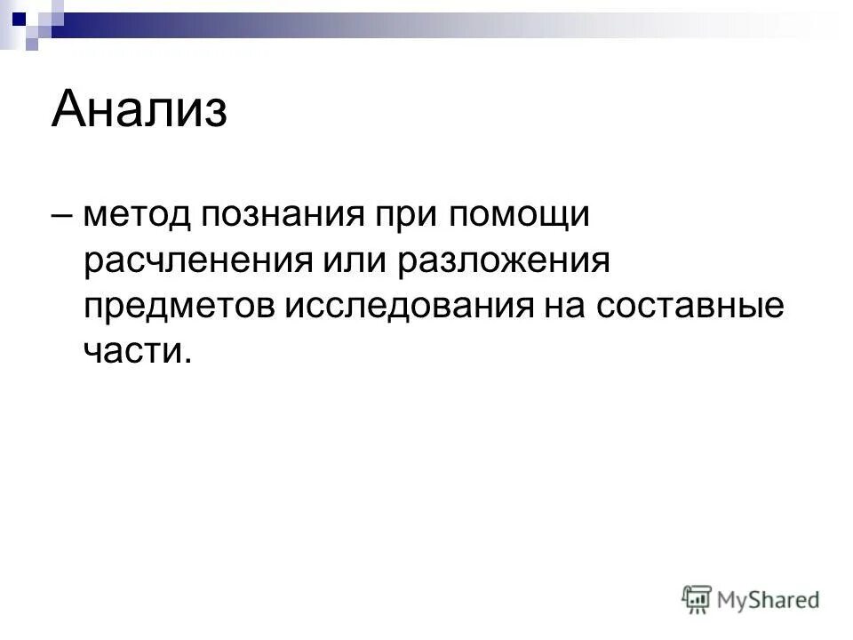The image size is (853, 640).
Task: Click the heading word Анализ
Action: click(x=140, y=109)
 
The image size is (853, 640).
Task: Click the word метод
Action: click(x=136, y=216)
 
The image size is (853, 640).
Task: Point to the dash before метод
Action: click(x=64, y=216)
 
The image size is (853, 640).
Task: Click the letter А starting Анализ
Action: click(x=70, y=109)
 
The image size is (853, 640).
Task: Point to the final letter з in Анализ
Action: click(x=214, y=112)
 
